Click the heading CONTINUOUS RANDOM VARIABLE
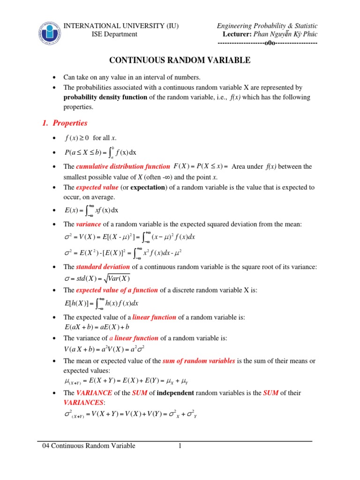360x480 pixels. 180,60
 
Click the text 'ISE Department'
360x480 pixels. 114,34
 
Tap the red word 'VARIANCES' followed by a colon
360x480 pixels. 84,403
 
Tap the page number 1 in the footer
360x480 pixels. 180,446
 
